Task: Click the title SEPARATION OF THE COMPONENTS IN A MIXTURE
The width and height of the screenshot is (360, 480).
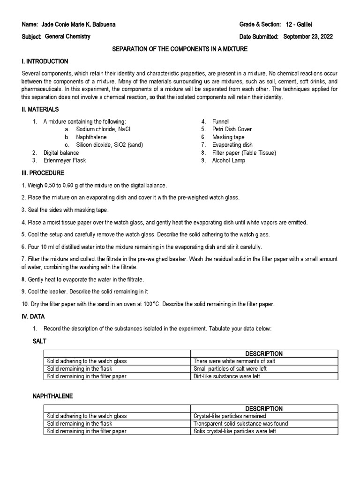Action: tap(180, 49)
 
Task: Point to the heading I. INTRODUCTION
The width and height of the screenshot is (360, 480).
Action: tap(45, 61)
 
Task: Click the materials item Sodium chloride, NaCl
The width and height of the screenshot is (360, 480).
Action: tap(105, 129)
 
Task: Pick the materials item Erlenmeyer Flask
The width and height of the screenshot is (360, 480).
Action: tap(65, 160)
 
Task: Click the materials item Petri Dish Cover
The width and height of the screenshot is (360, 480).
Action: tap(232, 129)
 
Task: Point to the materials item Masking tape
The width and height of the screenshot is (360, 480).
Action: tap(228, 137)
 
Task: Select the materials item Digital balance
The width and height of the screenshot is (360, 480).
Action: tap(61, 153)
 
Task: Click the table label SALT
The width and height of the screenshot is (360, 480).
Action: tap(39, 341)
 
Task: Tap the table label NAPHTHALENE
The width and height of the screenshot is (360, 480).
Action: tap(52, 396)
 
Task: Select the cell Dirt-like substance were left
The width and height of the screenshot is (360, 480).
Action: tap(226, 376)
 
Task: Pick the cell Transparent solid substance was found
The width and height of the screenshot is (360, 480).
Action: tap(240, 424)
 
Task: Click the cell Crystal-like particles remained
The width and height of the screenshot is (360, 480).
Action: tap(230, 416)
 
